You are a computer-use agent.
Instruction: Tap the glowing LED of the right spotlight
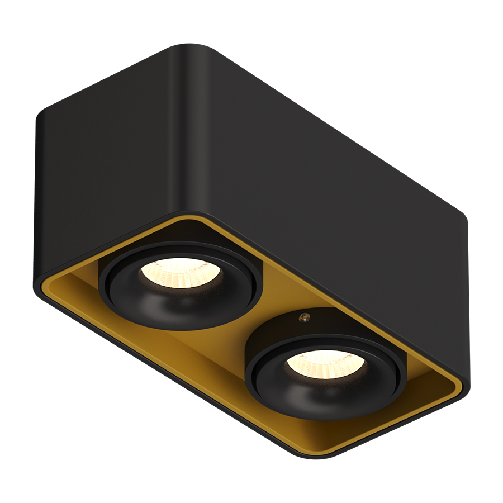[326, 363]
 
